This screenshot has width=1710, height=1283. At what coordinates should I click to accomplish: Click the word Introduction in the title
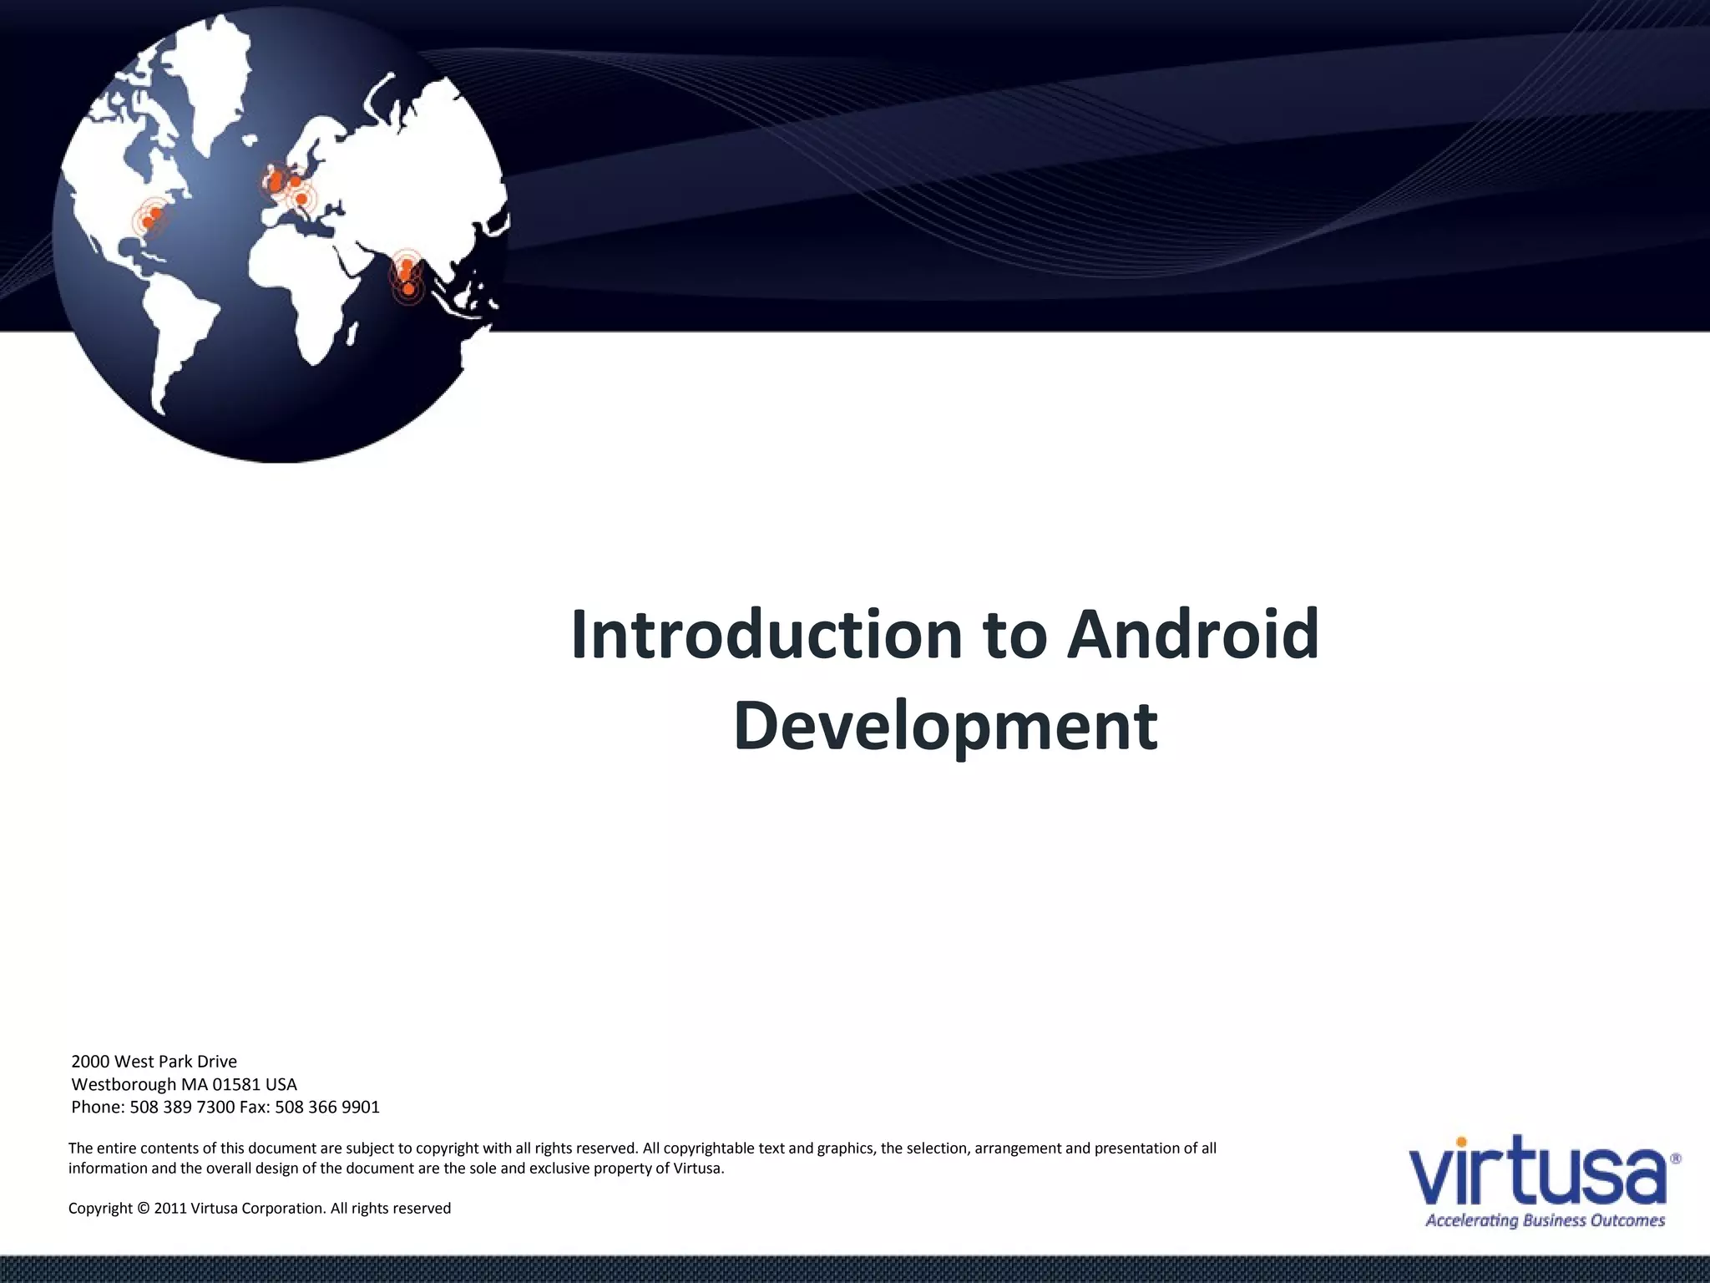(x=766, y=635)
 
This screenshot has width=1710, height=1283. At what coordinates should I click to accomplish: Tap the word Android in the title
(x=1193, y=635)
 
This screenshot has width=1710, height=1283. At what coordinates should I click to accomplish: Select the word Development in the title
(x=945, y=725)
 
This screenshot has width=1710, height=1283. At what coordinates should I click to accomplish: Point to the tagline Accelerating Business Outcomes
(x=1545, y=1220)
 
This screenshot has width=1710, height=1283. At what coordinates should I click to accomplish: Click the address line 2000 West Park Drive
(x=154, y=1062)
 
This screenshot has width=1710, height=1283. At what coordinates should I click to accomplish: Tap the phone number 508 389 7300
(x=182, y=1107)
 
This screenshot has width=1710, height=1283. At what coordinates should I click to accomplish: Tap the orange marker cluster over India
(x=407, y=276)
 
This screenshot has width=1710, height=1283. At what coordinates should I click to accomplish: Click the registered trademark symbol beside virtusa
(x=1677, y=1159)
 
